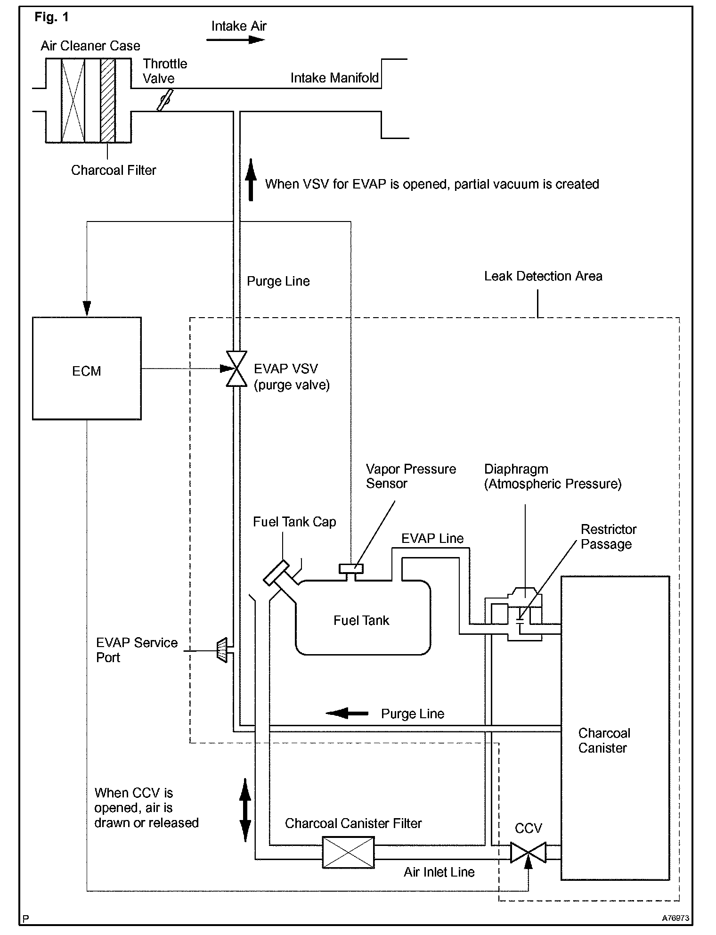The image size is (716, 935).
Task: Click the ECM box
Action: (87, 368)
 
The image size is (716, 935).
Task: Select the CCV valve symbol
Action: (529, 852)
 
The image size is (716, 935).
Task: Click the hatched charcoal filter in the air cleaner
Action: (108, 100)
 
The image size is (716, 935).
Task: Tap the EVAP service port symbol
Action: (221, 650)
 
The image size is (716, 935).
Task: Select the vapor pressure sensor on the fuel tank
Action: (351, 569)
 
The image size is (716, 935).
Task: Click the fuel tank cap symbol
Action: (276, 573)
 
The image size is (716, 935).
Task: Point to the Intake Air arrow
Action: (236, 40)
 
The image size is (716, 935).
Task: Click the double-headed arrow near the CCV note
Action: (245, 810)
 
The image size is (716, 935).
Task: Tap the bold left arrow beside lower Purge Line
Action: (347, 713)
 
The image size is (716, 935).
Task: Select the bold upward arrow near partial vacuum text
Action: (251, 180)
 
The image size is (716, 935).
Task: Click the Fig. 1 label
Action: (52, 17)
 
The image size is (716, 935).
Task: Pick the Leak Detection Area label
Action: (543, 276)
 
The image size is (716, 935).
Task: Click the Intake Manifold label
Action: (334, 78)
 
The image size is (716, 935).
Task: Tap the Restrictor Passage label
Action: (608, 537)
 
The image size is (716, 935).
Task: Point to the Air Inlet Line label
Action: (439, 872)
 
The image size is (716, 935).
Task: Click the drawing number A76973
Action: (675, 918)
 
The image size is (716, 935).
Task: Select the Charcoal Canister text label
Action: (604, 740)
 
